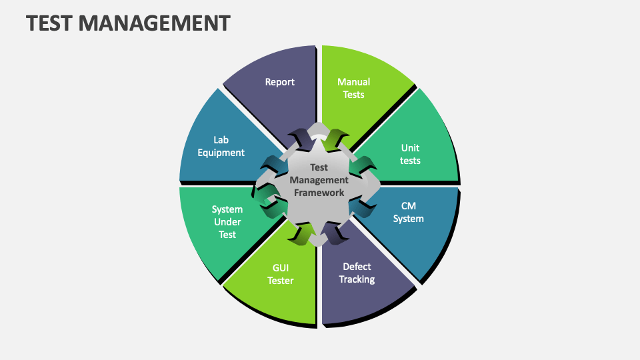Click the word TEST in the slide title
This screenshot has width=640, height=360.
pos(49,23)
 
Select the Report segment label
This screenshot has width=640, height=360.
pos(280,82)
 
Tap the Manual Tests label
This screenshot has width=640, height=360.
pos(353,88)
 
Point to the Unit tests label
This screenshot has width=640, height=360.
pos(410,154)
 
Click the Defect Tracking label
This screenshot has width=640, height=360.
pos(357,273)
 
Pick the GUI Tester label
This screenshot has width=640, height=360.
pos(281,274)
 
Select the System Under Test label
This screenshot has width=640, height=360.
pos(227,222)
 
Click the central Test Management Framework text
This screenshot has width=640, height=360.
pos(319,180)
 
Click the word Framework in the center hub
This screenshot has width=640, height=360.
pos(319,193)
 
